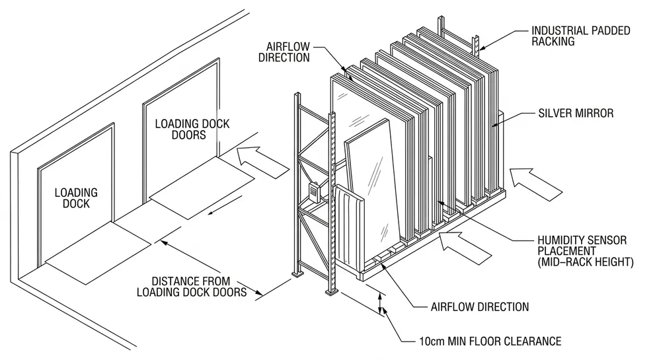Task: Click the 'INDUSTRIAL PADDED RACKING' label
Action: point(581,36)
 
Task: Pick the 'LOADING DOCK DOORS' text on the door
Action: point(180,129)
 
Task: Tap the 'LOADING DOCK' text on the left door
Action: point(76,199)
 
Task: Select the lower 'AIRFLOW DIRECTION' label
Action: point(479,306)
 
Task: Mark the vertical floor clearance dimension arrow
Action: point(380,305)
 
